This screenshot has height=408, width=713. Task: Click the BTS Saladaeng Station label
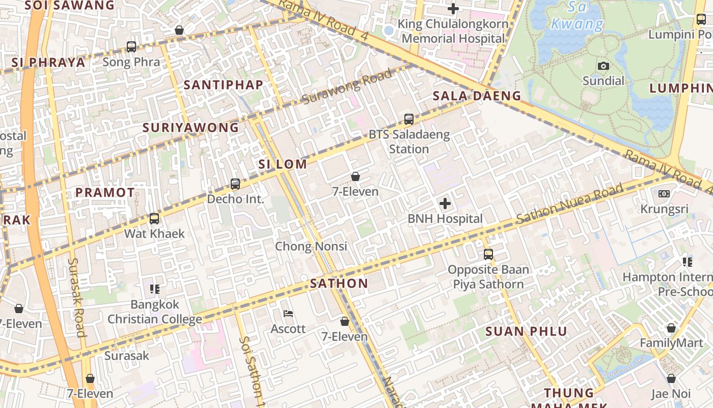[409, 142]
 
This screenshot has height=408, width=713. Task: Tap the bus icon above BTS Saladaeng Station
[408, 119]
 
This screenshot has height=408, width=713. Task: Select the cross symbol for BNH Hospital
[445, 204]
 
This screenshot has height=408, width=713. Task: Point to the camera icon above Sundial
[604, 66]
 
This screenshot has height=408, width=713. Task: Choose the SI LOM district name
[283, 164]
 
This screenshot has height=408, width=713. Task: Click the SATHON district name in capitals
[339, 284]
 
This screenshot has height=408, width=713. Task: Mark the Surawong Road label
[347, 86]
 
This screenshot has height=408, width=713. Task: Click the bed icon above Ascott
[288, 313]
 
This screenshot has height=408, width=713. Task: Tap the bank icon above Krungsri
[664, 194]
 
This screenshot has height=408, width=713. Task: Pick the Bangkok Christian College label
[155, 312]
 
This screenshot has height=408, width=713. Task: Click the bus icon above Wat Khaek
[154, 219]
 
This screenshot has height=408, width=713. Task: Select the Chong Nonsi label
[311, 246]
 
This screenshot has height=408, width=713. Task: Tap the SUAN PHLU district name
[526, 331]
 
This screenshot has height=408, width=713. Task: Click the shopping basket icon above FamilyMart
[671, 328]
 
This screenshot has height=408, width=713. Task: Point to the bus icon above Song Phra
[131, 47]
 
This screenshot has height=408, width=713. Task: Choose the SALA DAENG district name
[477, 96]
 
